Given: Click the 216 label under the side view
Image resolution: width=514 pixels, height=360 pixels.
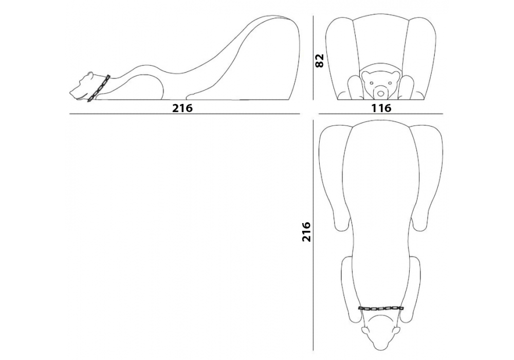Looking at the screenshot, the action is coord(182,108).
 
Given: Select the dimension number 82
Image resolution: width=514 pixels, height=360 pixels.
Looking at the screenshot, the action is coord(319,61).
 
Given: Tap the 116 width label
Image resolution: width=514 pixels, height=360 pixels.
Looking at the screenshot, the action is coord(381,108).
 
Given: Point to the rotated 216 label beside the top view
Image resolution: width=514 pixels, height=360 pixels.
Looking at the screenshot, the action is coord(306,231).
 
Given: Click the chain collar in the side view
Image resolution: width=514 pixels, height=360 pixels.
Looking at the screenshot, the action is coord(98,88).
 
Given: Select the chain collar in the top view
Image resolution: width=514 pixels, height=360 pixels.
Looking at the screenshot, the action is coord(381,308).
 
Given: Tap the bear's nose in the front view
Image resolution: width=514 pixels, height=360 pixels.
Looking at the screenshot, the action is coord(380,94).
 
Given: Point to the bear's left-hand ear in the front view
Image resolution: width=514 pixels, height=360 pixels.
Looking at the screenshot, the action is coord(365,74).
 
